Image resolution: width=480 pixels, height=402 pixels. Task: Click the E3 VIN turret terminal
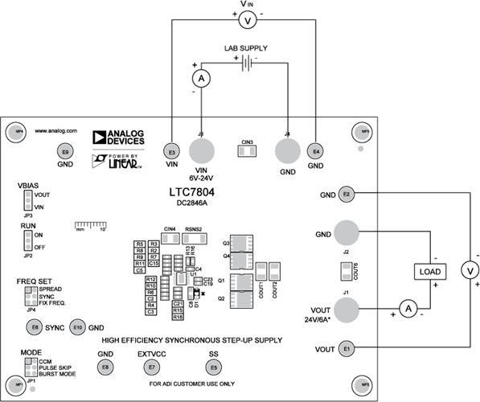(170, 150)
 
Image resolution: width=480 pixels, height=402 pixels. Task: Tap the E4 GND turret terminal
(316, 150)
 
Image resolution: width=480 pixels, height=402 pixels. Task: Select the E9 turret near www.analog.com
(65, 150)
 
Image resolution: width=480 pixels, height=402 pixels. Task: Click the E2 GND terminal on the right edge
(347, 194)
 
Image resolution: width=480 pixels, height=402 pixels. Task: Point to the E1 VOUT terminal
(347, 348)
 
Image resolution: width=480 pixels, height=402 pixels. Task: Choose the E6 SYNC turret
(34, 327)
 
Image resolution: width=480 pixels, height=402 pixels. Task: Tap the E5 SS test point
(213, 367)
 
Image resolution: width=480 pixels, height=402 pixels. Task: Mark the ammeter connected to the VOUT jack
(408, 307)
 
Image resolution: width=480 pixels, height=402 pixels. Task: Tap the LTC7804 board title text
(192, 193)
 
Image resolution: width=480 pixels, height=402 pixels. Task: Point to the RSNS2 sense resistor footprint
(193, 238)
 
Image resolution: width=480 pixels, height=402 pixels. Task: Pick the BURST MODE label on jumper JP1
(57, 374)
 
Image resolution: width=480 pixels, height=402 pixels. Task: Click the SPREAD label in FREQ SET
(51, 289)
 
